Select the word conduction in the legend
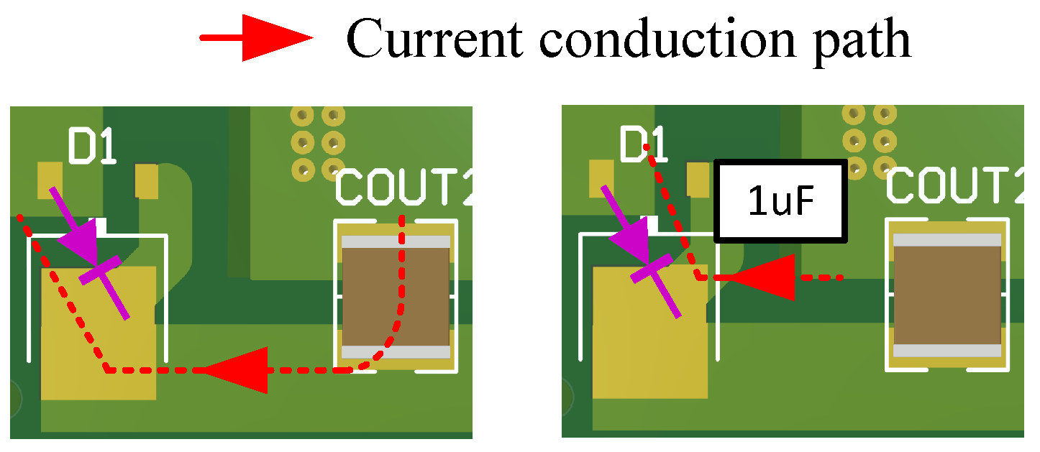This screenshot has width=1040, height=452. pyautogui.click(x=668, y=40)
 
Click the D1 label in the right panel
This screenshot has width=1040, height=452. pyautogui.click(x=643, y=146)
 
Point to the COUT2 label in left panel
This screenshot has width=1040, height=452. pyautogui.click(x=403, y=188)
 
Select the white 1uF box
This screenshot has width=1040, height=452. pyautogui.click(x=780, y=201)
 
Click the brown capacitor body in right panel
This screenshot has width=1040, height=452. pyautogui.click(x=947, y=295)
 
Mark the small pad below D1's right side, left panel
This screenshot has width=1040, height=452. pyautogui.click(x=146, y=181)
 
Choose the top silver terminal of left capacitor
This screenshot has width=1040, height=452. pyautogui.click(x=396, y=242)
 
